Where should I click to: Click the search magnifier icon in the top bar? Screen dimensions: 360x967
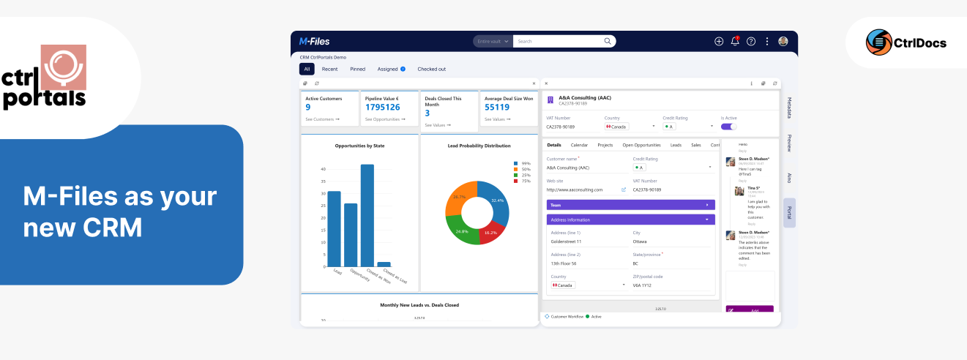[x=607, y=42]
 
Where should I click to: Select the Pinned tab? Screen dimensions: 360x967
[x=357, y=69]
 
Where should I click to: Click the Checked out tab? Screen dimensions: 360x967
[x=431, y=69]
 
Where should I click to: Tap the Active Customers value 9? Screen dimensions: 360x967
[x=308, y=107]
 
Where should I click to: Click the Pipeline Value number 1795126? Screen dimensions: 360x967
[x=382, y=107]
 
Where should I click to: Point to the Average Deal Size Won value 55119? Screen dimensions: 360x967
[x=497, y=107]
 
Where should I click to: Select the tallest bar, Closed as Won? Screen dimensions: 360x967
[x=367, y=215]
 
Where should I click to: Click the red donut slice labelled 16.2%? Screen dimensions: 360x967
[x=490, y=230]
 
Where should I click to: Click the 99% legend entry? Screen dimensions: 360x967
[x=521, y=163]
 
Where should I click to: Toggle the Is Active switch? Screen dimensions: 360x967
[x=728, y=127]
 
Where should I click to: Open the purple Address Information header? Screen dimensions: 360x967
[x=630, y=220]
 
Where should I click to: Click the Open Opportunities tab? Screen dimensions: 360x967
[x=641, y=145]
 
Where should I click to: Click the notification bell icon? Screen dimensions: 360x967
[x=735, y=42]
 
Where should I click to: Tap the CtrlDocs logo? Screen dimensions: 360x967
[x=906, y=42]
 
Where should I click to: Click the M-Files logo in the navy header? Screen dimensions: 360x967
[x=315, y=42]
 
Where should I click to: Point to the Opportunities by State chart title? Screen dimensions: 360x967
[x=359, y=146]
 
